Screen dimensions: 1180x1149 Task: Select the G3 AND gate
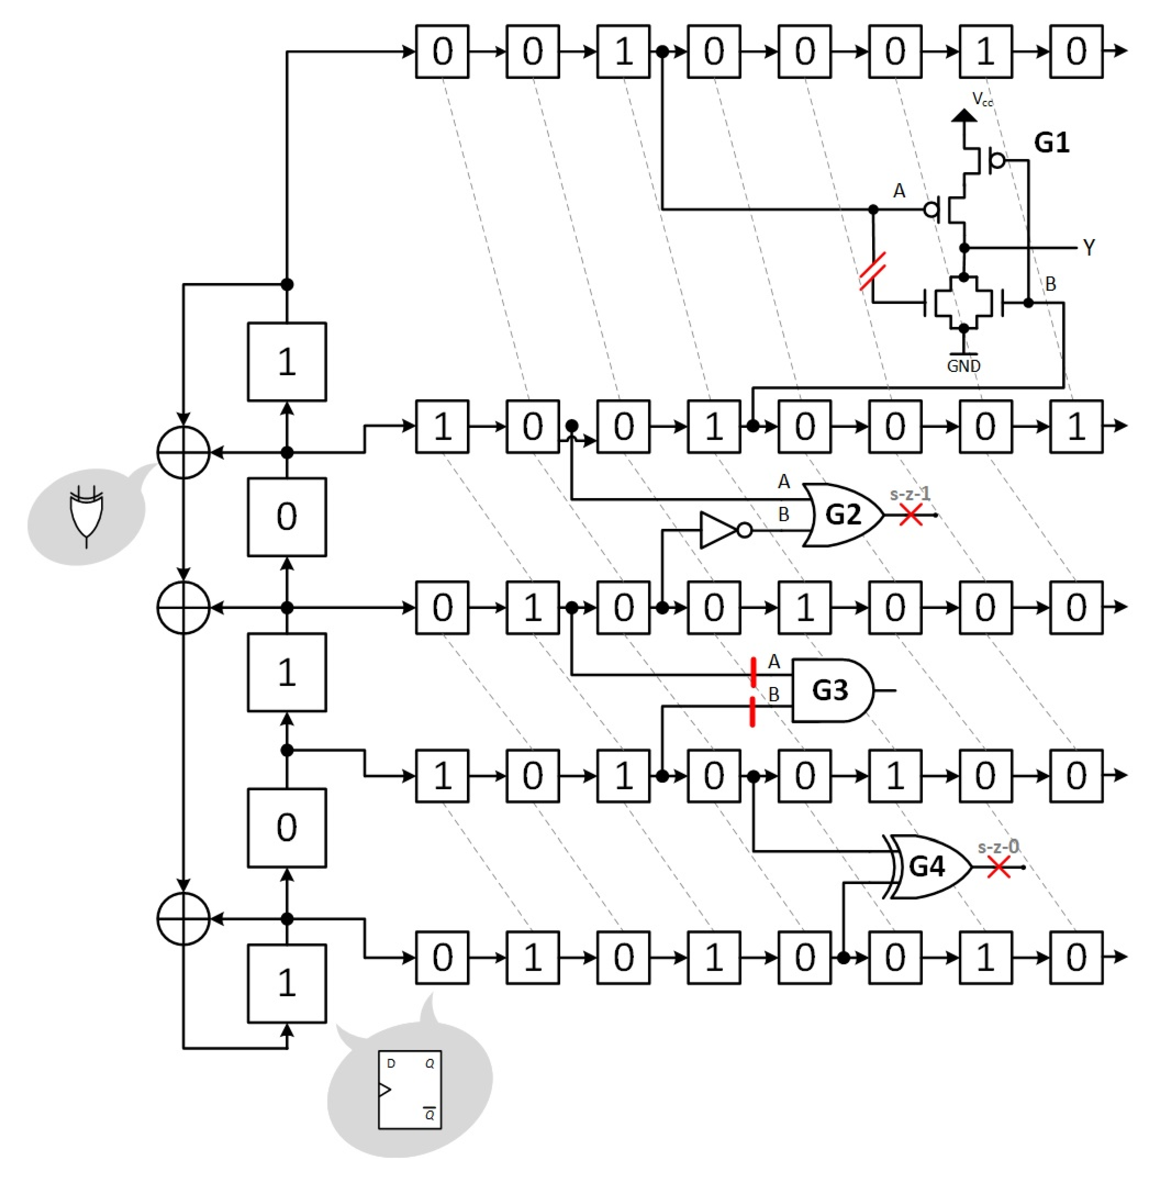(x=831, y=690)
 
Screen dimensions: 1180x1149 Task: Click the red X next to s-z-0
(x=999, y=868)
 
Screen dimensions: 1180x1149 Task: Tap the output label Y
(x=1089, y=247)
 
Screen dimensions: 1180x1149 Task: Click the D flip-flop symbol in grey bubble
(x=410, y=1089)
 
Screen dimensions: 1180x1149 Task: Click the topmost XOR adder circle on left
(x=184, y=452)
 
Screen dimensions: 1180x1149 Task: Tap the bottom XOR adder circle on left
(x=184, y=919)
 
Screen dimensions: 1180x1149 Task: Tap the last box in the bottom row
(x=1076, y=957)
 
